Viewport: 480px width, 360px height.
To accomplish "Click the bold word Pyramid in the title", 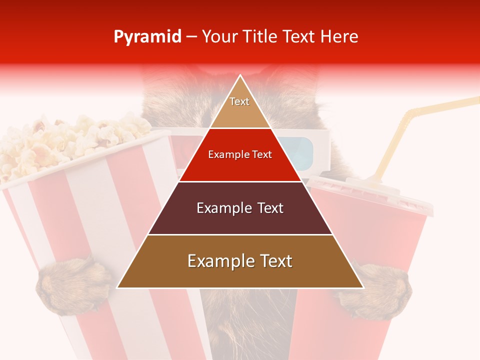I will (x=147, y=37).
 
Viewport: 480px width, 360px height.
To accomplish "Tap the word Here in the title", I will (x=340, y=37).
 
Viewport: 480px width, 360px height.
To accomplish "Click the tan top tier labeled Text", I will (x=240, y=107).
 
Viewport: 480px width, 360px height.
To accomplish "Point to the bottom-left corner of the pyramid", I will (x=118, y=287).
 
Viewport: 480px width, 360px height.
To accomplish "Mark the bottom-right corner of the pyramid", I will (x=363, y=287).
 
